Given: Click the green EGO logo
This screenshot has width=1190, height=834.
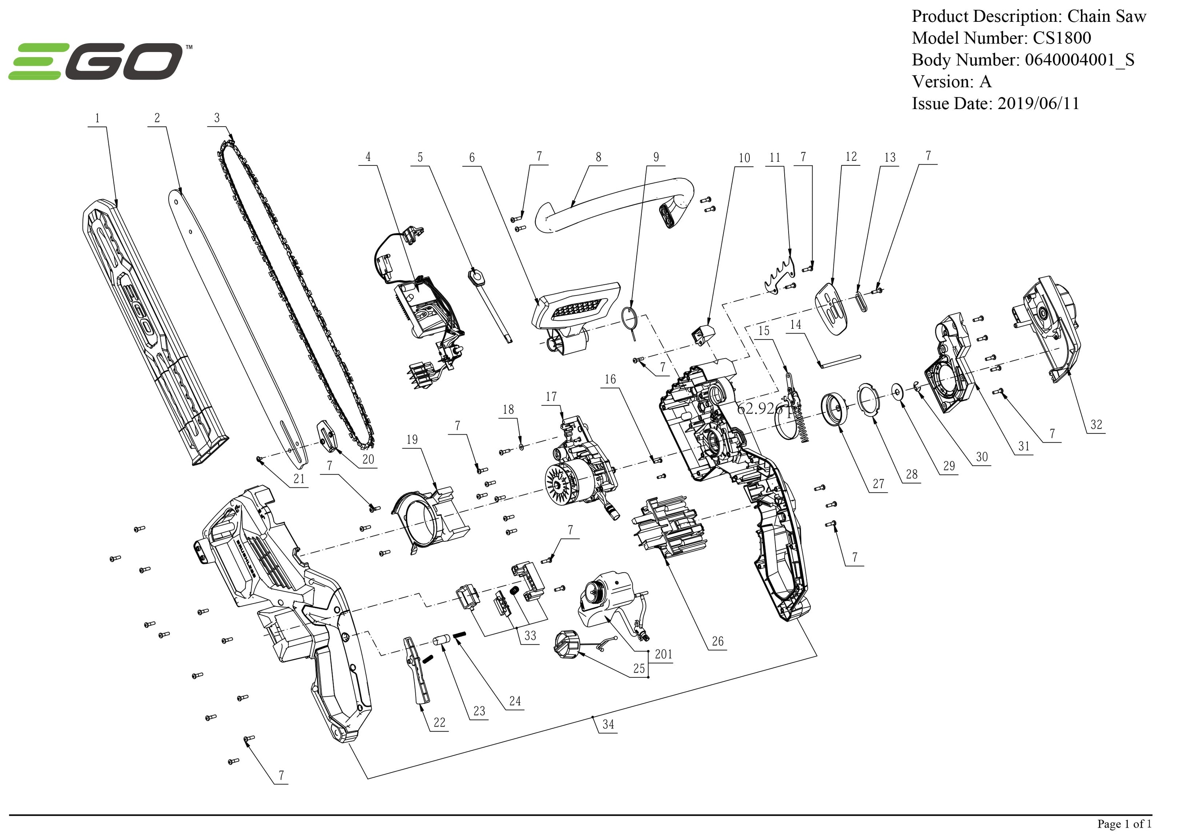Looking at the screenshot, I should [96, 62].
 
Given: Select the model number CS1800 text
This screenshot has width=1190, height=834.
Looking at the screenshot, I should [1061, 38].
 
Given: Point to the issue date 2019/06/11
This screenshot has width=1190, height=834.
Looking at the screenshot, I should [1038, 103].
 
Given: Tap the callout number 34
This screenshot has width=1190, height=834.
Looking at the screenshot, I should [608, 724].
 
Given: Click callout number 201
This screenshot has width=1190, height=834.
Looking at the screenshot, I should [663, 654].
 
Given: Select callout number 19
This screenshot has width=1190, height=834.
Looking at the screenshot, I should [412, 439].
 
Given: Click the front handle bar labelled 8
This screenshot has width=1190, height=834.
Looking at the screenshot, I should [612, 207].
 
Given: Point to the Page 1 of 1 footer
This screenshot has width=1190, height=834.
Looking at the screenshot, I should [1124, 824].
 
